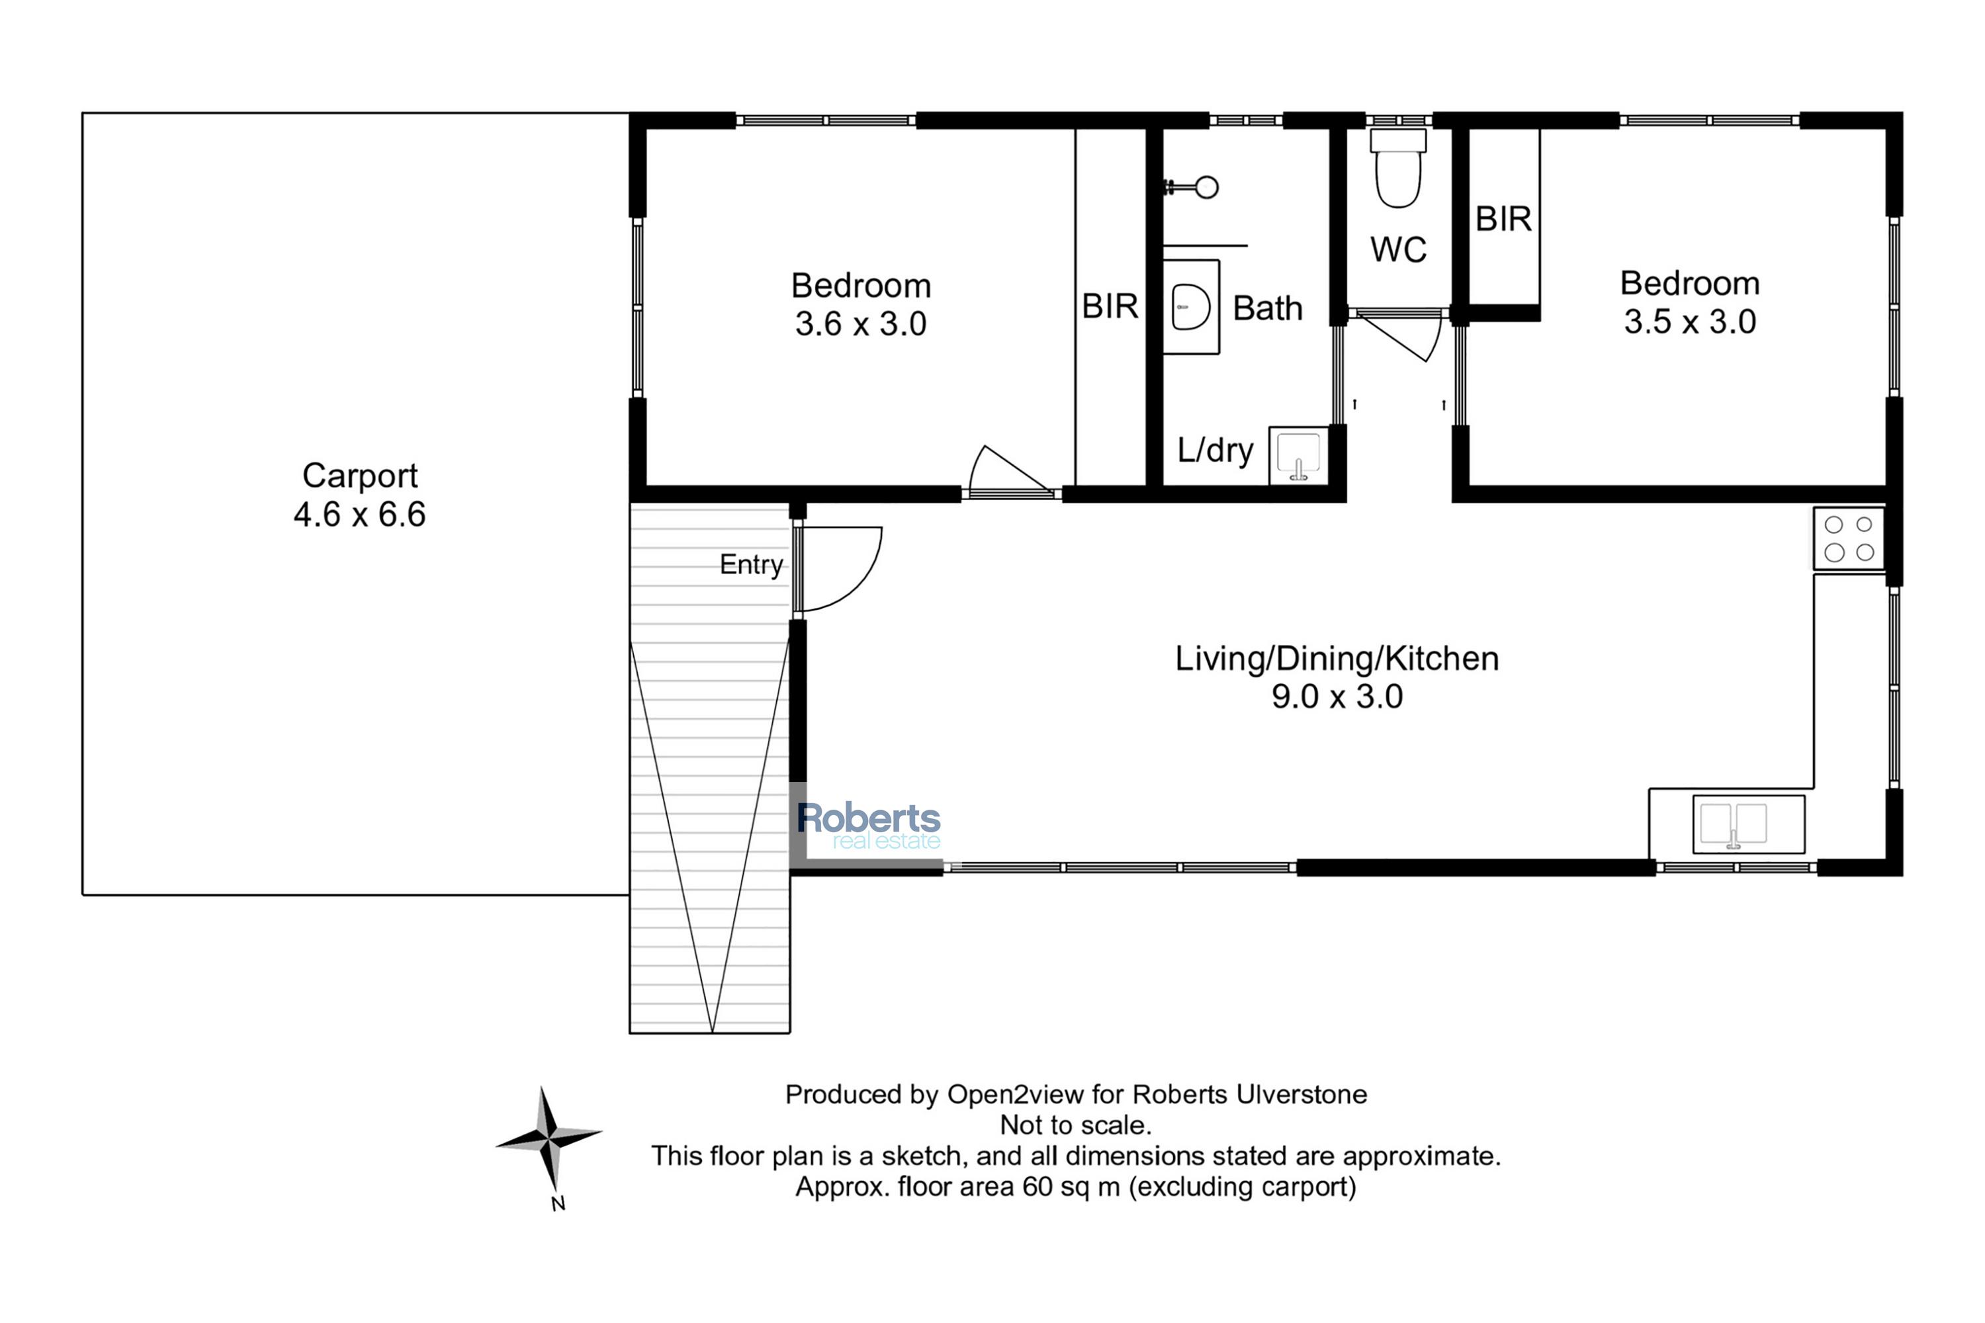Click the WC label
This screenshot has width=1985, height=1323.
[x=1399, y=250]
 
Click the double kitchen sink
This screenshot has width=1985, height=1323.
[x=1749, y=824]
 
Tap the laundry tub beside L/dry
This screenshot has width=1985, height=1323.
[x=1299, y=456]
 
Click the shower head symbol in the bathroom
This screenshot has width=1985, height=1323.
[x=1192, y=187]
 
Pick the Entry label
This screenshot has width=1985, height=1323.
[x=751, y=564]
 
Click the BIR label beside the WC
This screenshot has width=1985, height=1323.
[x=1503, y=220]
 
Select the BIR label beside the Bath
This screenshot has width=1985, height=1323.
[x=1110, y=306]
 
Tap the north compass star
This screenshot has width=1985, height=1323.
[x=549, y=1139]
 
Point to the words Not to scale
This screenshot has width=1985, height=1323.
[x=1075, y=1125]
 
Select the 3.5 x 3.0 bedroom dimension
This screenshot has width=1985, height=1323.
[x=1690, y=321]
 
